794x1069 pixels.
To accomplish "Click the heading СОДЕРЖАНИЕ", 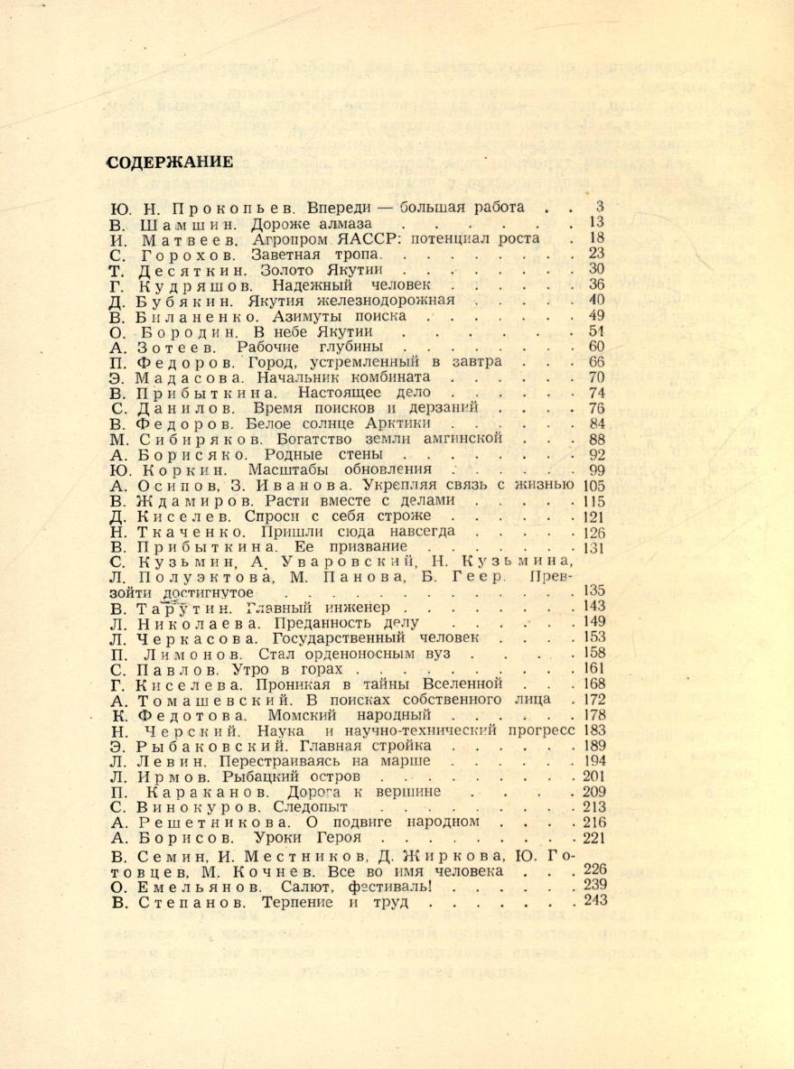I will pyautogui.click(x=171, y=163).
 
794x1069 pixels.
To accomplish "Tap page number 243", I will pyautogui.click(x=594, y=901).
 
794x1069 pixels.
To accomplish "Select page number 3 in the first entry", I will pyautogui.click(x=600, y=207).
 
